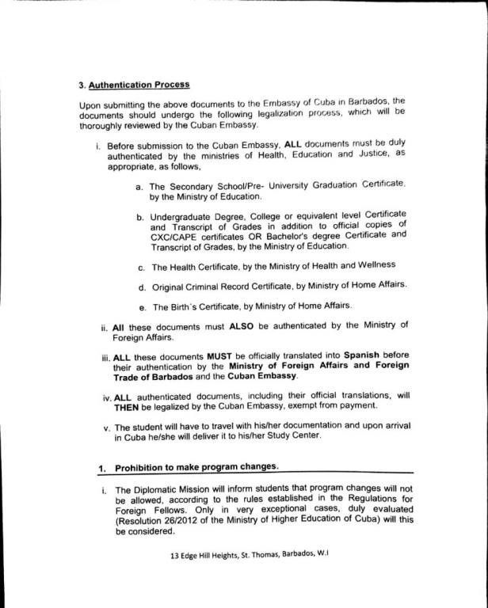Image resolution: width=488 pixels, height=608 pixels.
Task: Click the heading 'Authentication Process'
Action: [139, 84]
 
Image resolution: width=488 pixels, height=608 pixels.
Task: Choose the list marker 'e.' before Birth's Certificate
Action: [141, 306]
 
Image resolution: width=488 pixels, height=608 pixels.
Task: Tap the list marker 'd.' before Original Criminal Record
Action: [141, 286]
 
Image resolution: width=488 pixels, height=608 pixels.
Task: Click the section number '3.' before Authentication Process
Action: [82, 84]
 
